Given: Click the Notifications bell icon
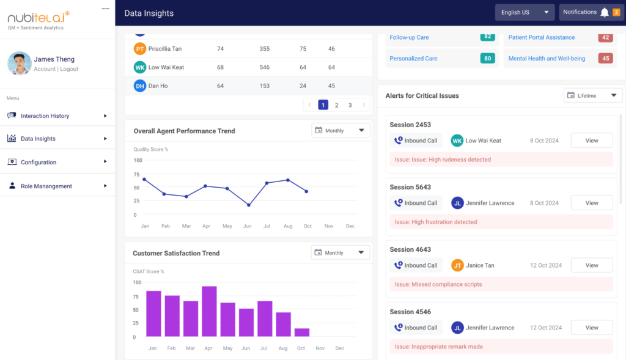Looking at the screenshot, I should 604,12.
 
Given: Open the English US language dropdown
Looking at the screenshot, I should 525,12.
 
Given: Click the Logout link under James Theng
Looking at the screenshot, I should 69,69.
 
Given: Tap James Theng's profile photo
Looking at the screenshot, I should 20,64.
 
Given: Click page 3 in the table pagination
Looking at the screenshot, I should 350,105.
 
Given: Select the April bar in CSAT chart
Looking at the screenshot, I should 209,311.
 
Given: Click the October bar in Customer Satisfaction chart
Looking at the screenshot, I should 301,332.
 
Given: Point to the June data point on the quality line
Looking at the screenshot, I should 248,205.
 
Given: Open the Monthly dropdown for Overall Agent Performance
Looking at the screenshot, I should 341,130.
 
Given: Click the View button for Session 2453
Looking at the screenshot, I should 591,141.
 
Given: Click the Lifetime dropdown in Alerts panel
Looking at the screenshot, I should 592,95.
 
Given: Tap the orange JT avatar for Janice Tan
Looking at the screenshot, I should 457,265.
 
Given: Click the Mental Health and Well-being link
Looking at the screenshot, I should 547,59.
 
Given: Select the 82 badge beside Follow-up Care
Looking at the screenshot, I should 487,37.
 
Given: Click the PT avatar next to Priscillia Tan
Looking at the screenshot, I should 140,49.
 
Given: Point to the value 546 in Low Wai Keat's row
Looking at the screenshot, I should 264,67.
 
